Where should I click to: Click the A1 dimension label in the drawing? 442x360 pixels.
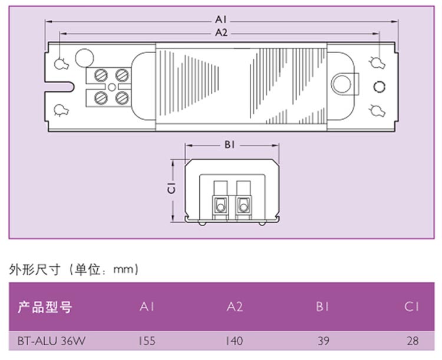click(x=221, y=19)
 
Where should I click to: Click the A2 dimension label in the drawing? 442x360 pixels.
click(x=221, y=32)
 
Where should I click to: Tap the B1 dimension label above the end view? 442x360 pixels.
click(x=230, y=144)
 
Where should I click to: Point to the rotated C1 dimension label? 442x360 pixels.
click(x=171, y=187)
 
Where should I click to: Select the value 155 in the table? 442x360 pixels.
click(x=147, y=341)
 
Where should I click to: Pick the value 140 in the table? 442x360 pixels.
click(x=234, y=341)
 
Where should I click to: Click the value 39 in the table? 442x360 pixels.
click(x=324, y=341)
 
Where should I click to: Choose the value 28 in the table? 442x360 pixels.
click(x=413, y=341)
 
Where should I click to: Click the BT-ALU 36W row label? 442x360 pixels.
click(x=51, y=341)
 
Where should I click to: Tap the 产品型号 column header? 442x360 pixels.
click(x=45, y=307)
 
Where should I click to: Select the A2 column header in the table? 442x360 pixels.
click(x=235, y=307)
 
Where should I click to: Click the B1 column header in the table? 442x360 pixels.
click(x=322, y=307)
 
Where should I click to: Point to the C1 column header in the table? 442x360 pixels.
click(x=412, y=307)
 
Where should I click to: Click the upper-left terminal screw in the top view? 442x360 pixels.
click(x=101, y=75)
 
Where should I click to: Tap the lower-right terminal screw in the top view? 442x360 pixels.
click(x=122, y=98)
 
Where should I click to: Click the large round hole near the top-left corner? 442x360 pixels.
click(x=84, y=58)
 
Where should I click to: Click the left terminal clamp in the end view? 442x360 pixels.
click(x=220, y=205)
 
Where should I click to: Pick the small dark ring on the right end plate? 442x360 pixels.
click(x=380, y=86)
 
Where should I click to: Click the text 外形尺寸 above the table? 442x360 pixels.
click(x=34, y=270)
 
